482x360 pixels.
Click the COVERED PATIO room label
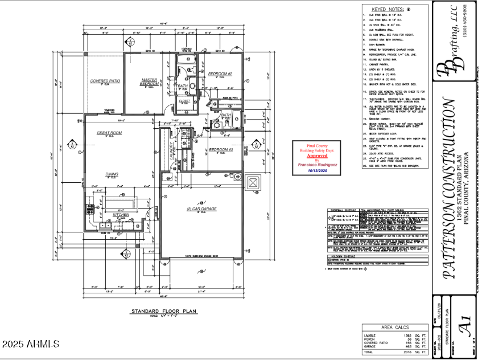point(105,81)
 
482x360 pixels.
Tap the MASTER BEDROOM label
point(149,81)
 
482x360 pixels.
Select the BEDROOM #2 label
point(220,74)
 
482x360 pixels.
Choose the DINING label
point(112,174)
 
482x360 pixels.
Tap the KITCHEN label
point(121,215)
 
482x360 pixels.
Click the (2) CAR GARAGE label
point(201,209)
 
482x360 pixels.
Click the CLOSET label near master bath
point(184,101)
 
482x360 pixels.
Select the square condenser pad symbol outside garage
point(252,183)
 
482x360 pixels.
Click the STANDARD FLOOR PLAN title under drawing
point(163,312)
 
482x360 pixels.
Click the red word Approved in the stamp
point(317,155)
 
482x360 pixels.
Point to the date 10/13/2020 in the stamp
point(317,170)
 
